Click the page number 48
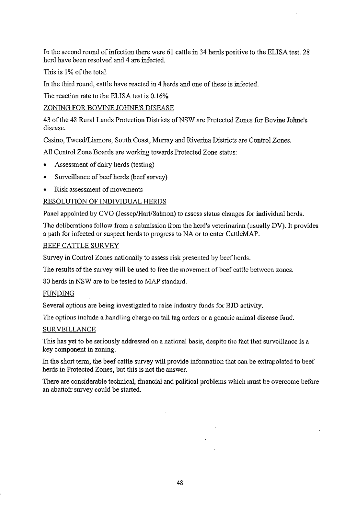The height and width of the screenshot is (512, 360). [x=180, y=483]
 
